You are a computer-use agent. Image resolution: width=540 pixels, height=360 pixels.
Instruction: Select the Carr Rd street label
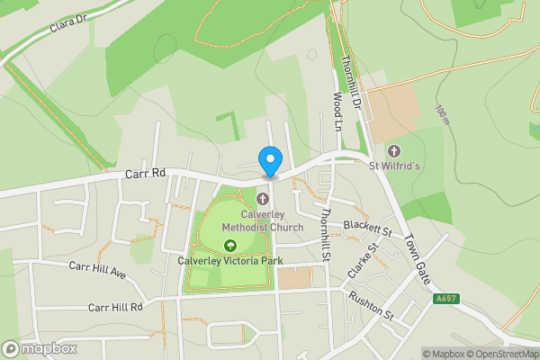pos(146,172)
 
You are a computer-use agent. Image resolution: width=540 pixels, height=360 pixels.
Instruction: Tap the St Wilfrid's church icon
pos(393,150)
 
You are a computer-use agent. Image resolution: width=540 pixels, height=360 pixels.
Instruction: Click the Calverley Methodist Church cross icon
pos(263,198)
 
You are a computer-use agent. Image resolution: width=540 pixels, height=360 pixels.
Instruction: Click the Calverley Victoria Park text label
pos(230,261)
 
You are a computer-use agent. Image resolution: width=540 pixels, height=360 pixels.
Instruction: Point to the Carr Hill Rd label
pos(116,307)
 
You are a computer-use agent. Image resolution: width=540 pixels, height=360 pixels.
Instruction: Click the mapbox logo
pos(40,348)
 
